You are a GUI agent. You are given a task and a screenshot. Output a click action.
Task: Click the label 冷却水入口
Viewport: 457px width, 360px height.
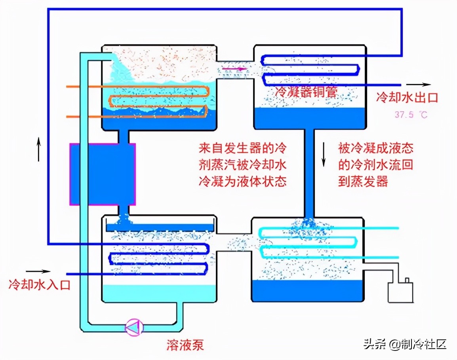[x=40, y=284]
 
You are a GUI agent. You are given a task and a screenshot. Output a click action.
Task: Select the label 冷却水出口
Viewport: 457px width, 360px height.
[x=407, y=97]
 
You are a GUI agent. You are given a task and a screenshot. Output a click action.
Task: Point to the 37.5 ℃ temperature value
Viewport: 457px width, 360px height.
[x=411, y=115]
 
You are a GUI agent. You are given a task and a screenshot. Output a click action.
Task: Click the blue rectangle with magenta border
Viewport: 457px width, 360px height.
[x=103, y=174]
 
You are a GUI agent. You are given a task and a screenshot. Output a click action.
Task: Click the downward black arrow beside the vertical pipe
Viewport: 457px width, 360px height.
[x=324, y=156]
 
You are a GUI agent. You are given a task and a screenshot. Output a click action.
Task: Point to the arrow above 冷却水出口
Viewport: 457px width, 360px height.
[x=419, y=84]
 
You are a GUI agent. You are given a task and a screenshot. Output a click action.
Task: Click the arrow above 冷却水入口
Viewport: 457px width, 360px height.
[x=38, y=271]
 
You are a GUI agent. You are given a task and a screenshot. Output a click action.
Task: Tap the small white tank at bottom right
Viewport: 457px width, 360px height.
[x=401, y=292]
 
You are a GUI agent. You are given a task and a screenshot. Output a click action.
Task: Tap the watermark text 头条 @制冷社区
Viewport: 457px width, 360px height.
[x=405, y=344]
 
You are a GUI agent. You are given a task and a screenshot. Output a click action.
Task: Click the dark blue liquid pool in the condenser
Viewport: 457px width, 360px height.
[x=309, y=117]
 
